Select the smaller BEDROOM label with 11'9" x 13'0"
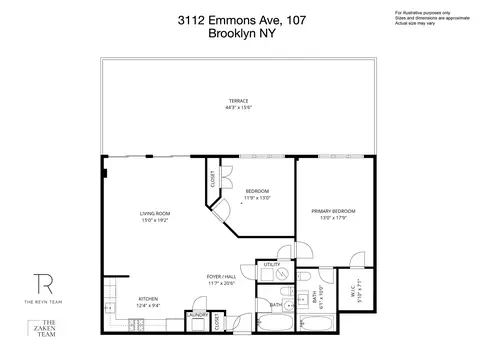click(257, 190)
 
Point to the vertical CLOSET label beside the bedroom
click(212, 179)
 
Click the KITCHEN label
click(148, 298)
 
